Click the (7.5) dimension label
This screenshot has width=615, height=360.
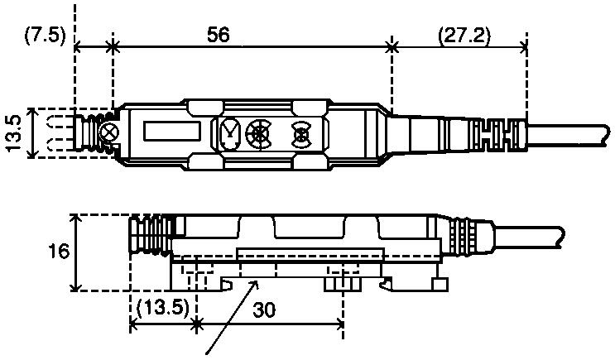(45, 36)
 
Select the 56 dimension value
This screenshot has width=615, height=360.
(218, 35)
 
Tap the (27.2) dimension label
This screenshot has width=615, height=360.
(464, 36)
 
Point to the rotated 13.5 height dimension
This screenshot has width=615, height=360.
(14, 133)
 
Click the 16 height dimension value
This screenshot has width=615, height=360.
(59, 252)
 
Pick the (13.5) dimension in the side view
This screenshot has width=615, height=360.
(162, 308)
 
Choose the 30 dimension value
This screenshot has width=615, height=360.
(264, 310)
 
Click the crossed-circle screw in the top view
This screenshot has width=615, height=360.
(109, 132)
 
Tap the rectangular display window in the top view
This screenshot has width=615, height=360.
(172, 132)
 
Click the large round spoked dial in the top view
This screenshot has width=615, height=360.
(258, 134)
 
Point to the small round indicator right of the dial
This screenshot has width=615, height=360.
(301, 134)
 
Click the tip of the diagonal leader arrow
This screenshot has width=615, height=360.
(258, 281)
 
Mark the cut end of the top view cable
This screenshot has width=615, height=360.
(607, 136)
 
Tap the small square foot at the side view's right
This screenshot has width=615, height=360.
(440, 285)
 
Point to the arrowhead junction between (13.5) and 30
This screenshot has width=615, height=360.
(196, 324)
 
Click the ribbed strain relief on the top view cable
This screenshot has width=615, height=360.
(499, 136)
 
